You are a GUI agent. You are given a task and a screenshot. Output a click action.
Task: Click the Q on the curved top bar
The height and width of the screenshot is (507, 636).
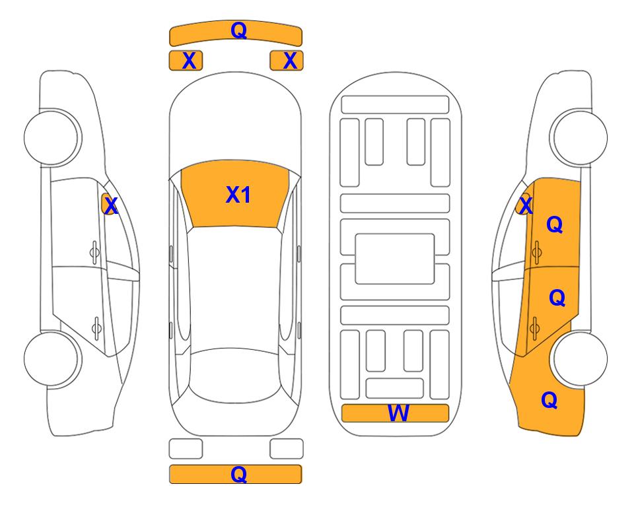pos(238,30)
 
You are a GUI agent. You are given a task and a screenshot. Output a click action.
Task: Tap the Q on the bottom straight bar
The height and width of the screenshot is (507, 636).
pos(238,474)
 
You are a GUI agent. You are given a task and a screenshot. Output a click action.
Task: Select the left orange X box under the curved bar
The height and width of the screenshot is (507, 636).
pos(186,61)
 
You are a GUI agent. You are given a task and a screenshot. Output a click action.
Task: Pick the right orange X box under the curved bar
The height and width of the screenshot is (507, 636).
pos(287,61)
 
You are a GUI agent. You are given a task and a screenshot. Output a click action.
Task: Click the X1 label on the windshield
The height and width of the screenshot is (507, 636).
pos(238,195)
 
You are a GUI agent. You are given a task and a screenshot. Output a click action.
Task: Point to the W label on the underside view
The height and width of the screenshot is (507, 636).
pos(398,413)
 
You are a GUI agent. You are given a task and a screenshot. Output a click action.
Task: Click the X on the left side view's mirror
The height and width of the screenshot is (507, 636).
pos(111,206)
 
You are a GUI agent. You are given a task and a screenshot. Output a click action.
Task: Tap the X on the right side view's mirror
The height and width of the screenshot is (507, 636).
pos(526,205)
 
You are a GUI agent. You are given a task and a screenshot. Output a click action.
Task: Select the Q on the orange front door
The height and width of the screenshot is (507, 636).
pos(555,224)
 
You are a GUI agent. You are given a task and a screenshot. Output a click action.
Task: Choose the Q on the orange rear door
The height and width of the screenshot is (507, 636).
pos(557,298)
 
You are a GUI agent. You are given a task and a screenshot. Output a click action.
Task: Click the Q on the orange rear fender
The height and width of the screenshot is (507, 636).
pos(549,400)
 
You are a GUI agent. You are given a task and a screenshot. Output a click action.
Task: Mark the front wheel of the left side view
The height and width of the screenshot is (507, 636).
pos(52,137)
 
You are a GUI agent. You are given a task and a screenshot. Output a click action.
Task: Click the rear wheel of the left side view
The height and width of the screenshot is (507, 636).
pos(52,358)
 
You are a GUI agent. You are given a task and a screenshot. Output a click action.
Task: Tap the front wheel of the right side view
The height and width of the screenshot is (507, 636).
pos(580,137)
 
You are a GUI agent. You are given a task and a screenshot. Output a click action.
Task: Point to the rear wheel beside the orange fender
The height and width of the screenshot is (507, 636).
pos(580,358)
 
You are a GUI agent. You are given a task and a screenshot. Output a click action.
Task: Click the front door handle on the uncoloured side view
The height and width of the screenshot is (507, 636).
pos(94,252)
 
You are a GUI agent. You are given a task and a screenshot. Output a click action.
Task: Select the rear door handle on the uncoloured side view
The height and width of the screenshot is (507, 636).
pos(96,327)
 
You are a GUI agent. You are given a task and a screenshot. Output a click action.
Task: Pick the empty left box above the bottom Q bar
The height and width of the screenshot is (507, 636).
pos(186,449)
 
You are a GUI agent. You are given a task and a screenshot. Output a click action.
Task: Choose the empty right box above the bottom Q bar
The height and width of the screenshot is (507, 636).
pos(287,449)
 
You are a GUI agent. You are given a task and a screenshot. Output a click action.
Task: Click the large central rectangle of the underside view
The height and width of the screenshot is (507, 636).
pos(395,259)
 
